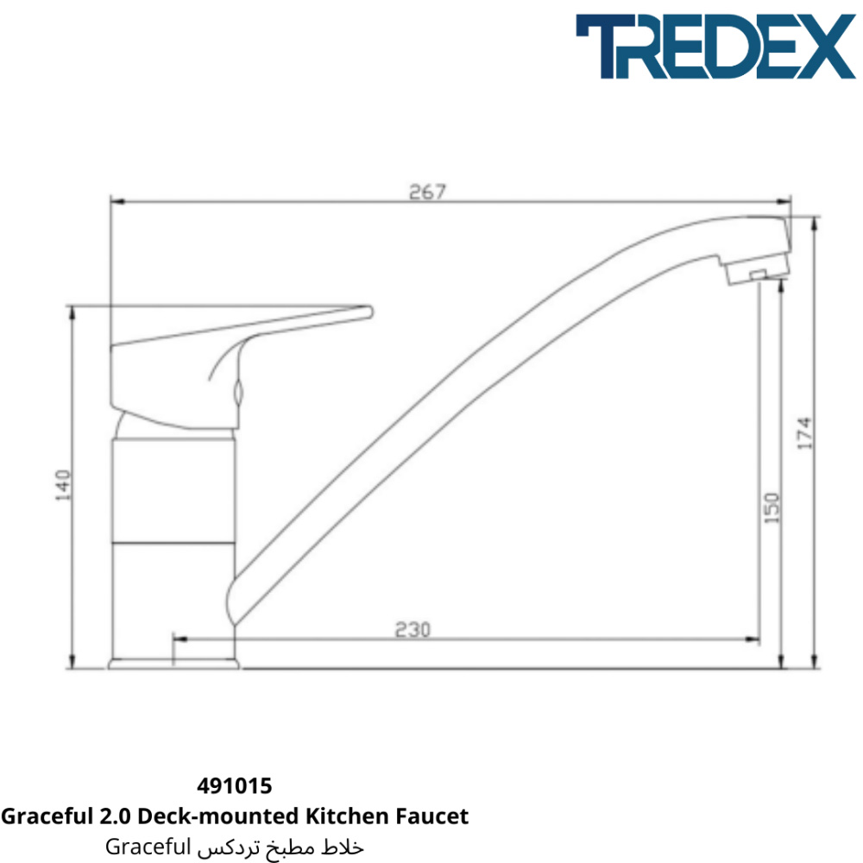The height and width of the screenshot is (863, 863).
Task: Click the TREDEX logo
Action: (715, 47)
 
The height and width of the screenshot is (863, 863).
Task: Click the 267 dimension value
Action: (427, 192)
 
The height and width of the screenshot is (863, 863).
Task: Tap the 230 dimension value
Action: (413, 629)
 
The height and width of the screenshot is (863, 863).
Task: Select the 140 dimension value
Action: (63, 485)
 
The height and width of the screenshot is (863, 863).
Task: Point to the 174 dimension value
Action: (804, 432)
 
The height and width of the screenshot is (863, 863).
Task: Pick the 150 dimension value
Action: (772, 507)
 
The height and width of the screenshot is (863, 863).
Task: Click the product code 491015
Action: (235, 786)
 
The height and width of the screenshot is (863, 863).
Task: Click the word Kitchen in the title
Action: (347, 816)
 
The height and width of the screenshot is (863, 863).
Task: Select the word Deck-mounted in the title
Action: (217, 816)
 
